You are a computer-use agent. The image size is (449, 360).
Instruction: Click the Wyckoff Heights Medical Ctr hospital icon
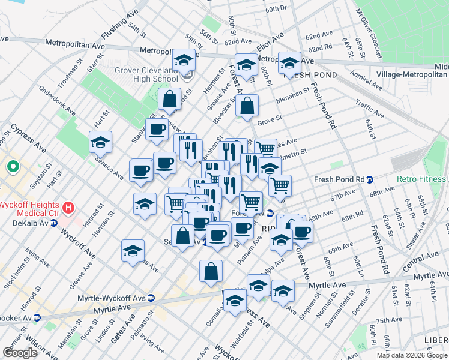click(69, 208)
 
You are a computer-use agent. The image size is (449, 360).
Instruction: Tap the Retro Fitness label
click(421, 179)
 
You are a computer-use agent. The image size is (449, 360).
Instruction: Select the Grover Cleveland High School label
click(146, 74)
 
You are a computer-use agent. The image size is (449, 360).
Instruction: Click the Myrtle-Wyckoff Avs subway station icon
click(151, 298)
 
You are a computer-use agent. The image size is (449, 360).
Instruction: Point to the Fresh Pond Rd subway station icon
click(370, 179)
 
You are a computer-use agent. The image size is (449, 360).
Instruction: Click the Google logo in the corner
click(20, 352)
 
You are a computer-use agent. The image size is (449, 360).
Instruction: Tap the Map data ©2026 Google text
click(411, 355)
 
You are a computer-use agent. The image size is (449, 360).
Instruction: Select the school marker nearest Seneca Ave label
click(101, 143)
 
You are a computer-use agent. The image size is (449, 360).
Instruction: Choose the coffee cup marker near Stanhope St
click(157, 130)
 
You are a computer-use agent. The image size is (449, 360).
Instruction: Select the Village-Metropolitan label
click(411, 75)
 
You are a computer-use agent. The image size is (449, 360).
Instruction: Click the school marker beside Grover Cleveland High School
click(184, 61)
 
